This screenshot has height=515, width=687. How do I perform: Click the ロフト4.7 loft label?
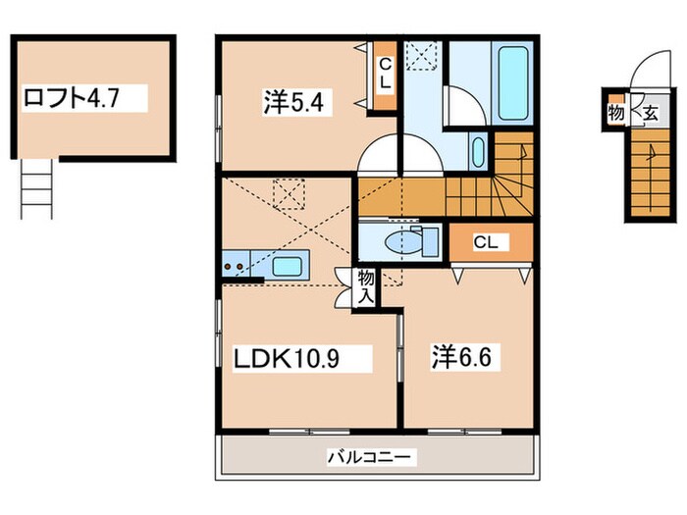83,98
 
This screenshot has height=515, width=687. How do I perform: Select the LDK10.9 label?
287,359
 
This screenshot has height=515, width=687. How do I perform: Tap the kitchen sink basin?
287,265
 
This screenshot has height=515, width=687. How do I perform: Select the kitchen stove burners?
236,263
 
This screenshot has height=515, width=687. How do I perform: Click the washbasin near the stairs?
477,152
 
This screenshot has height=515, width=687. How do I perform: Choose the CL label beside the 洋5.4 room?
386,73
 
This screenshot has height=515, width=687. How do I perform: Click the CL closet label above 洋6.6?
485,241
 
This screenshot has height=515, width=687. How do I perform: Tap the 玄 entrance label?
650,114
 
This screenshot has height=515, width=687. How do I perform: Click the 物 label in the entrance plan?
616,114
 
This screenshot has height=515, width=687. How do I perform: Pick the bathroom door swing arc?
462,105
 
